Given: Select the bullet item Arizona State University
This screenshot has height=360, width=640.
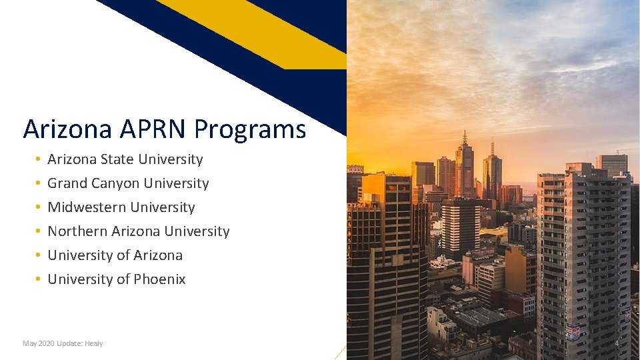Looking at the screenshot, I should click(x=125, y=159).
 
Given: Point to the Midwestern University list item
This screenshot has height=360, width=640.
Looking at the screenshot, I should click(x=121, y=207).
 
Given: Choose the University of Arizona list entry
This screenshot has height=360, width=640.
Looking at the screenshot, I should click(x=115, y=255).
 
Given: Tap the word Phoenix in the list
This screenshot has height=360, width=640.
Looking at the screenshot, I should click(x=160, y=279).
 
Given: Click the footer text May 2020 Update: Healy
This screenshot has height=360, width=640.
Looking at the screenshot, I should click(x=63, y=343).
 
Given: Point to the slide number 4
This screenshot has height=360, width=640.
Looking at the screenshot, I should click(x=617, y=343).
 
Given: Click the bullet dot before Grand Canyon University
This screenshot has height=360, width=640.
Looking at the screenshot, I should click(x=39, y=183).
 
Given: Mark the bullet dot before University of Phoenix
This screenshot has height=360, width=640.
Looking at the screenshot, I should click(x=39, y=279).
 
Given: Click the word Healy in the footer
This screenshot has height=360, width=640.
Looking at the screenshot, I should click(x=93, y=343).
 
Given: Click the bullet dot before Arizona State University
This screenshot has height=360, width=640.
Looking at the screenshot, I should click(x=39, y=159).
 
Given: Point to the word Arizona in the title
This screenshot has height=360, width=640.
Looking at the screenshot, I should click(x=67, y=129).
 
